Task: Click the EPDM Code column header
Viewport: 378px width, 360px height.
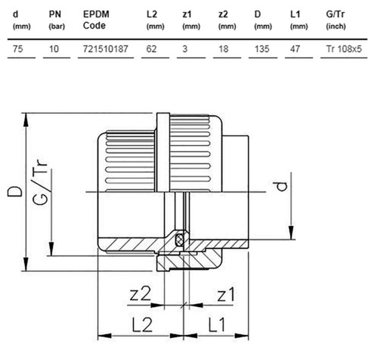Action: (x=96, y=20)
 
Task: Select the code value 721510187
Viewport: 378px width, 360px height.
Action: (x=106, y=48)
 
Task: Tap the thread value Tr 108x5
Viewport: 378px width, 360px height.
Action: (x=344, y=48)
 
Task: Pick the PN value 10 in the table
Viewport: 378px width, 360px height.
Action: (x=54, y=48)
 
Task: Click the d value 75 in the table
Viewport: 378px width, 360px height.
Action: (x=18, y=48)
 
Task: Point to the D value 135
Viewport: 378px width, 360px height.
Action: (x=262, y=48)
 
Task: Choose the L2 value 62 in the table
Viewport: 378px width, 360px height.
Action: (x=151, y=48)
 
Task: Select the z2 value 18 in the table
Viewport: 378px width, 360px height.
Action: (x=223, y=48)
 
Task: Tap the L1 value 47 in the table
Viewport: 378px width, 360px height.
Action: (x=295, y=48)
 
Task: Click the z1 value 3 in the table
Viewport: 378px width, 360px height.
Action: (x=185, y=48)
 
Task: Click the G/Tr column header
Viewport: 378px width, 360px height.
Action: (x=336, y=20)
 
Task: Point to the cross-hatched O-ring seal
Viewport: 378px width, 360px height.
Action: (x=180, y=239)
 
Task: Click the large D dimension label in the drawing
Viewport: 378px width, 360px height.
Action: (x=14, y=191)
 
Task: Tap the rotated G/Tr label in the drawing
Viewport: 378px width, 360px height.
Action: (x=40, y=182)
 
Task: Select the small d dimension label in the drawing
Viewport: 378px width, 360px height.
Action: (x=280, y=186)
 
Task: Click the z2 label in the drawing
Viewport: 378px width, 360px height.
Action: (x=140, y=293)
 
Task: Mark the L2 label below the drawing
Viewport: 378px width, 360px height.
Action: (x=142, y=324)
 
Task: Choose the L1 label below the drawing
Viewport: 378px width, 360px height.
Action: (x=217, y=324)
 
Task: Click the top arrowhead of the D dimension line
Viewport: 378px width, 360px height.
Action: (x=26, y=119)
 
